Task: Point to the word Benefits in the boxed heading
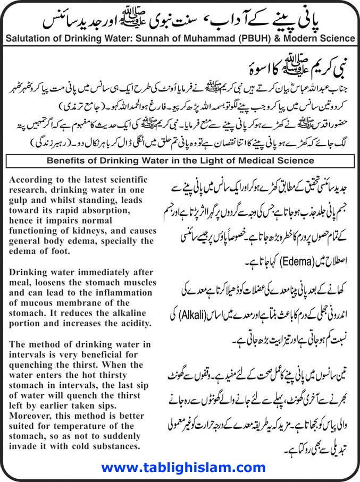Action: (x=66, y=160)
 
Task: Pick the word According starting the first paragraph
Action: (x=30, y=180)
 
